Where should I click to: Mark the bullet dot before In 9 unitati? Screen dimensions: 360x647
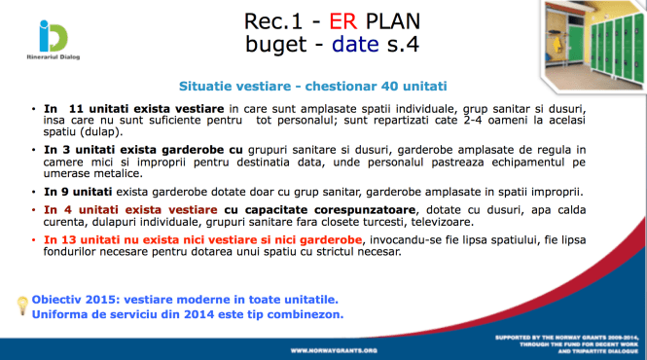click(x=35, y=194)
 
